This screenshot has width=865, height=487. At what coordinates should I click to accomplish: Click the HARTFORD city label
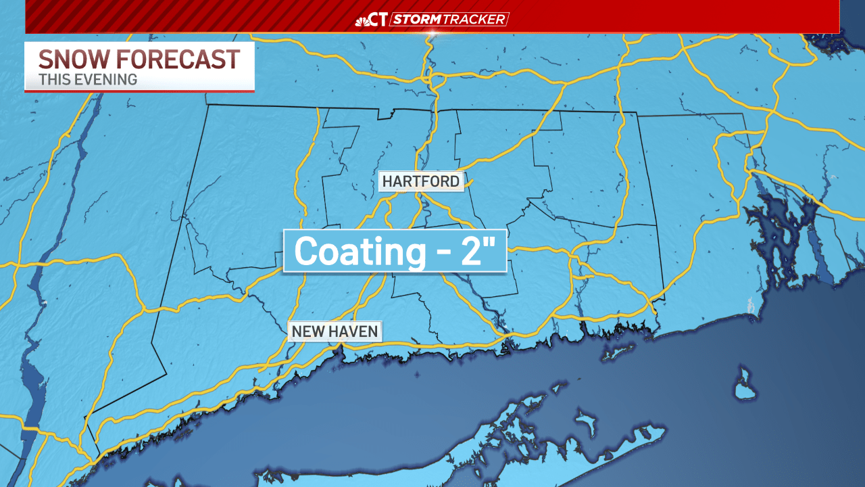(420, 181)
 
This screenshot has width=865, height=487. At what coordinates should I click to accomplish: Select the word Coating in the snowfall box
(357, 251)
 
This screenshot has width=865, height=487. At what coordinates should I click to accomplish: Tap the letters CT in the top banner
(379, 20)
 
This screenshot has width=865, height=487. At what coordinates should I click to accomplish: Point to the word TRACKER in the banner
(474, 20)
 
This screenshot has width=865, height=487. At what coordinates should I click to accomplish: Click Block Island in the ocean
(744, 386)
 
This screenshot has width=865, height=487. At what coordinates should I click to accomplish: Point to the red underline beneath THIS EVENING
(139, 90)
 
